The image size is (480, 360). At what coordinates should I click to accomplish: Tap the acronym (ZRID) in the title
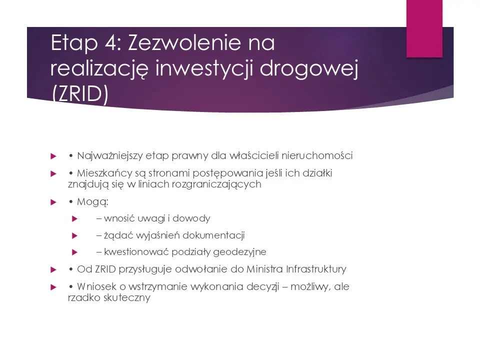79,95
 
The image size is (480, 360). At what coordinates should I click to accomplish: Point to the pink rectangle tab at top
424,28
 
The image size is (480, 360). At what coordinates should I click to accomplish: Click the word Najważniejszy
105,156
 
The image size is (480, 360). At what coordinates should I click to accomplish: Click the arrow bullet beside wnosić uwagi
74,218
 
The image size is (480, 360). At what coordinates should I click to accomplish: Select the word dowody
194,218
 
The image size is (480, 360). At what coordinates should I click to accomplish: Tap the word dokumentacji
214,235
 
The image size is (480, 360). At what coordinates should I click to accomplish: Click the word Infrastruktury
315,269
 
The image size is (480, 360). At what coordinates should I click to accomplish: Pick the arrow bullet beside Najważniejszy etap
53,156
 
